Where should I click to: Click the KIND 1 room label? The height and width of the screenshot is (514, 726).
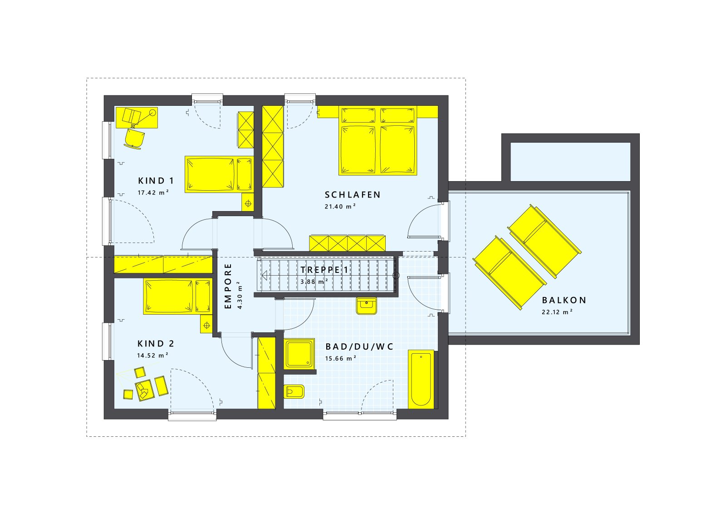point(156,181)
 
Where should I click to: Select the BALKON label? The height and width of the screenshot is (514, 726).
point(564,300)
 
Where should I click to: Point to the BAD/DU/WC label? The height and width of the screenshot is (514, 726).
point(359,347)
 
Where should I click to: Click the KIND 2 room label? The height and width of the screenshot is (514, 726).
point(156,344)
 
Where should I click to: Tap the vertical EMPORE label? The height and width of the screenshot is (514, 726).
point(228,286)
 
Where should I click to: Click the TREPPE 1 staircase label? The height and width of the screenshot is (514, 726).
point(324,270)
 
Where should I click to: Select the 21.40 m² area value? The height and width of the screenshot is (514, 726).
point(340,207)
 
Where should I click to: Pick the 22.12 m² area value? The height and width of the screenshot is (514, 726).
point(557,312)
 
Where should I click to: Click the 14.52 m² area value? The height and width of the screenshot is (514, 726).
point(153,356)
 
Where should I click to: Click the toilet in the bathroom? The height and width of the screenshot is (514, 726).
point(294,391)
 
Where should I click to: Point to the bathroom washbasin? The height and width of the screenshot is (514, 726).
point(366,306)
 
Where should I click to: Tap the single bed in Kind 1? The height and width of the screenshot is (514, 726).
point(219,174)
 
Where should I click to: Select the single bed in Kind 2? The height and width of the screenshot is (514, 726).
point(178,296)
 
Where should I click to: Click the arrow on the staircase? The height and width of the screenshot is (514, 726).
point(265,275)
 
